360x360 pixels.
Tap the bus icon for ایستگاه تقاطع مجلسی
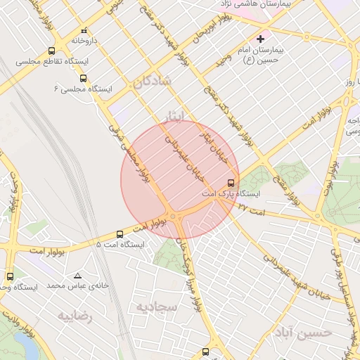[x=51, y=51]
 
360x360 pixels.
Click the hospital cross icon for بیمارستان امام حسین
[x=261, y=38]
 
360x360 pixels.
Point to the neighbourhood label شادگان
[x=150, y=82]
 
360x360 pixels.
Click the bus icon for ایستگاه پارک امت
[x=232, y=182]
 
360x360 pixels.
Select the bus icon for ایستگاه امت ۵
[x=120, y=234]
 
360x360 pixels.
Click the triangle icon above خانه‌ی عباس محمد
[x=77, y=276]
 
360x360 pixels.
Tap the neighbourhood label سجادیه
[x=153, y=307]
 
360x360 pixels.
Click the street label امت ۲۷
[x=251, y=207]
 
